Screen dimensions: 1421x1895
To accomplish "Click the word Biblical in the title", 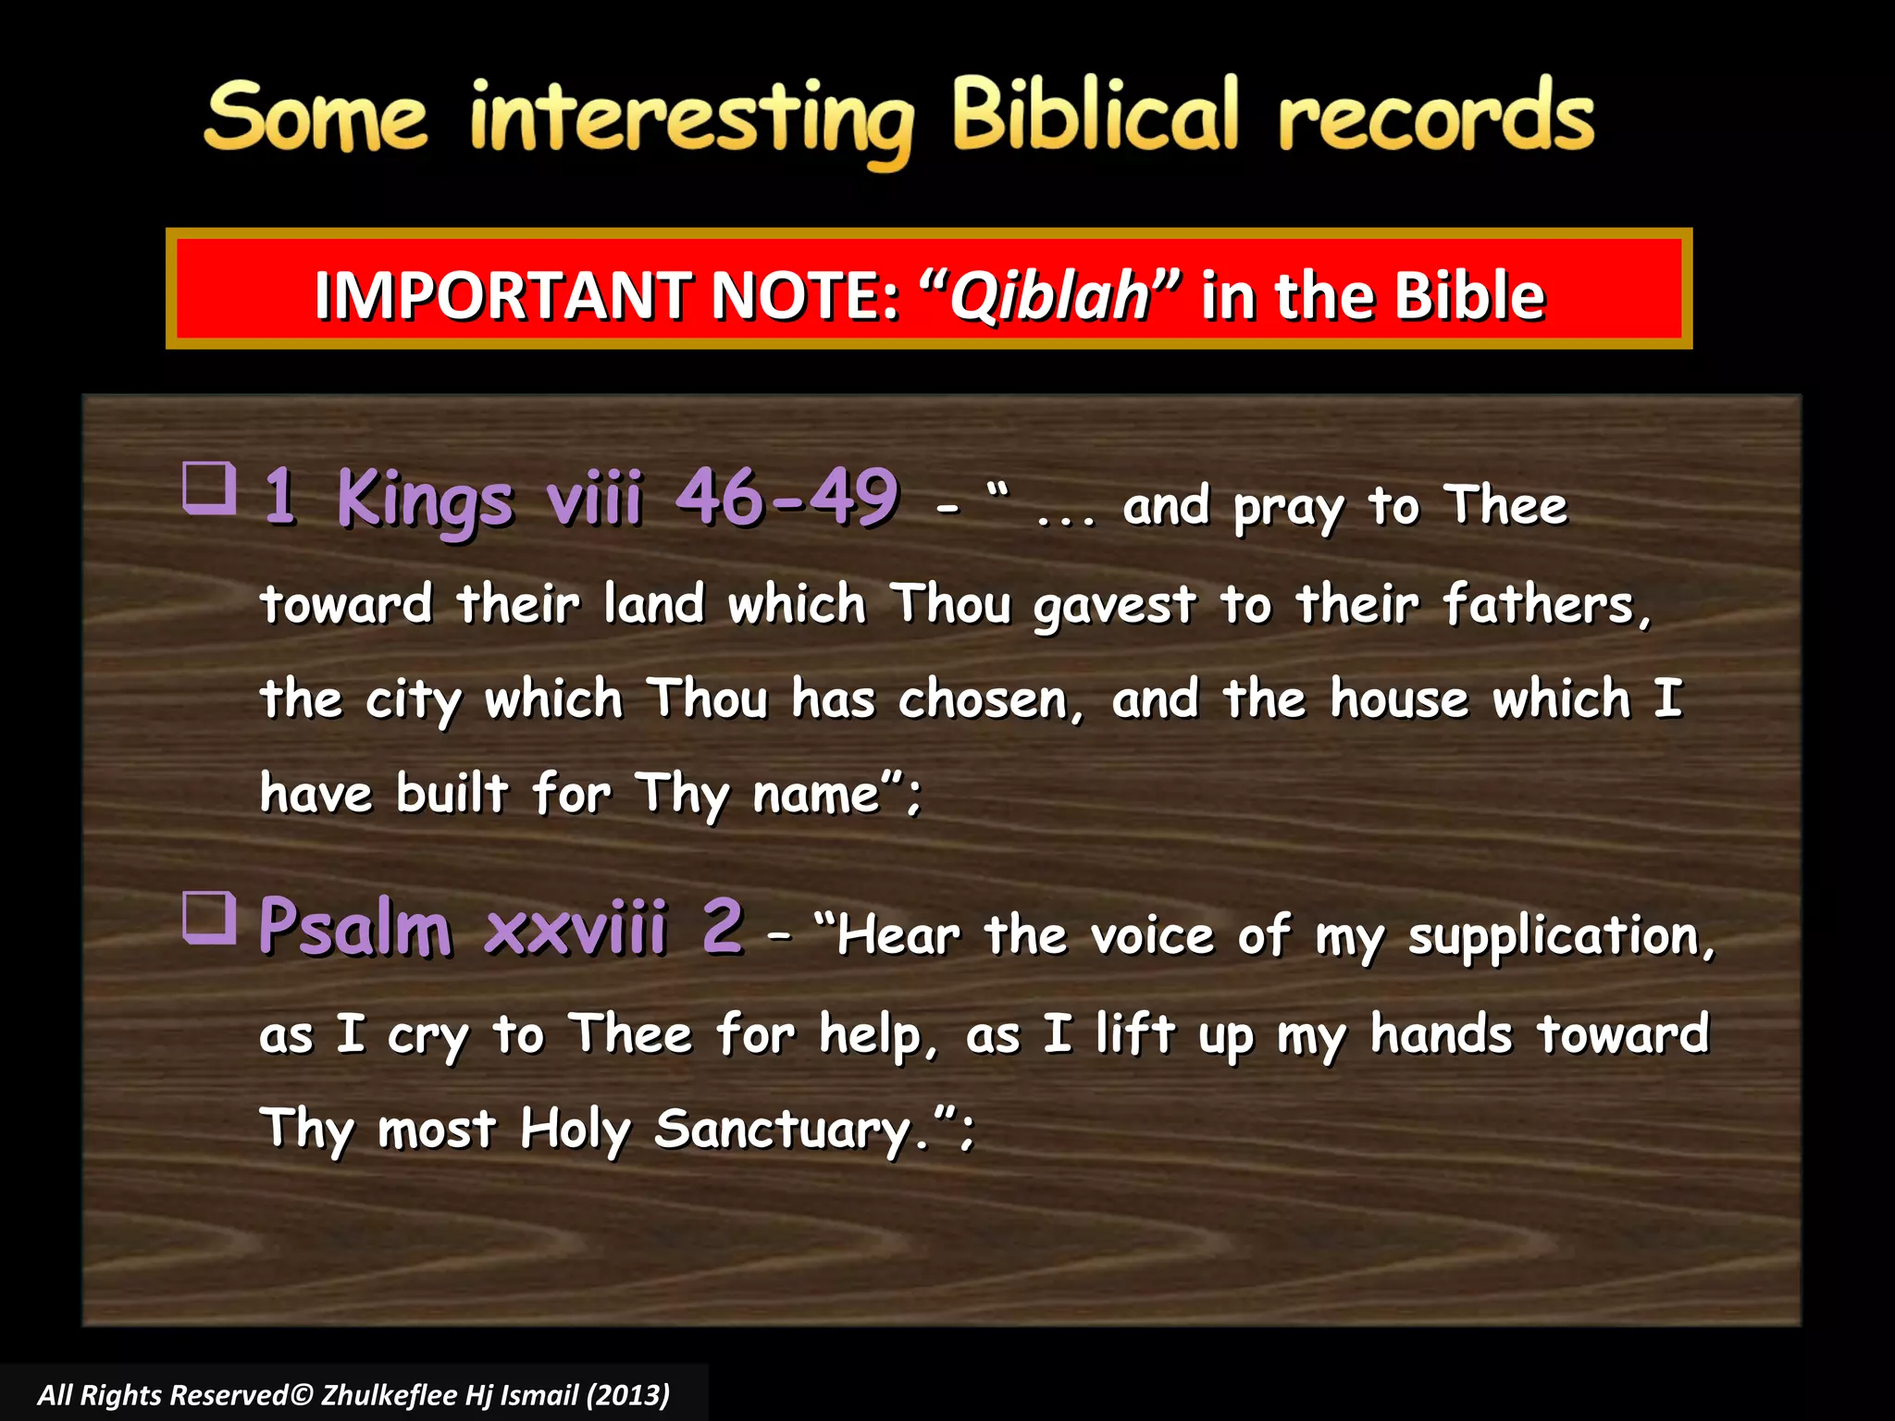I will click(x=1095, y=116).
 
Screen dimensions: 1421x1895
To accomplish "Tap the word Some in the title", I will click(x=316, y=118).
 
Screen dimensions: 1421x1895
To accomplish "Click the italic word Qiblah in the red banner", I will click(x=1049, y=296).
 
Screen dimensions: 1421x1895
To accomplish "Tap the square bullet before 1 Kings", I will click(x=209, y=488).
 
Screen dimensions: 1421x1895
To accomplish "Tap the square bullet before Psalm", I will click(x=209, y=917).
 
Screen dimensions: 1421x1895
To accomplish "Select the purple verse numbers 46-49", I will click(x=786, y=498).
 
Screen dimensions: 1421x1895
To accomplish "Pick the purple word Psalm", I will click(x=355, y=927).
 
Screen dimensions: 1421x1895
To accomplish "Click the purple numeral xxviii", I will click(x=575, y=927).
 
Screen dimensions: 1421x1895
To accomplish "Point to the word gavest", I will click(x=1114, y=607).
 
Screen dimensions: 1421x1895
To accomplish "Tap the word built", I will click(x=452, y=794).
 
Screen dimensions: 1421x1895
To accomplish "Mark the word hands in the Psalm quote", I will click(x=1441, y=1034).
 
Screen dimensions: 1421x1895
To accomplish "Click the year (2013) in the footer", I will click(x=627, y=1395).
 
